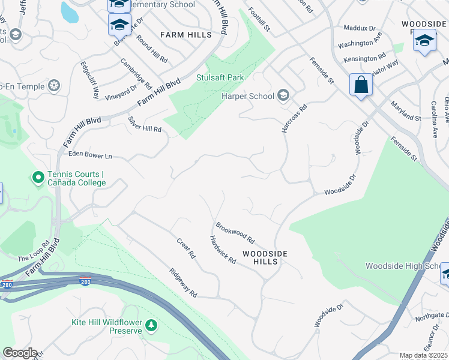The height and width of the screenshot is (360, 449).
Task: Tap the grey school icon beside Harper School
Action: [283, 95]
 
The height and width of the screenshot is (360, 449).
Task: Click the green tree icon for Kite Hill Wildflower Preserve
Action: [152, 325]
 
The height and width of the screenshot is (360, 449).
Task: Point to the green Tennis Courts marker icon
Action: [37, 178]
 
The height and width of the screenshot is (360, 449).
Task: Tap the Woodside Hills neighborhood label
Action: [265, 257]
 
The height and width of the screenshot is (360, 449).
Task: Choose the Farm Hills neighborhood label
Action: [186, 35]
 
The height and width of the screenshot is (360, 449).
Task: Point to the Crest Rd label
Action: [186, 248]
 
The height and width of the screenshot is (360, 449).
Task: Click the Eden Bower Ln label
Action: [91, 155]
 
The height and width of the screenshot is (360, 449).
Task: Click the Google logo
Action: [20, 353]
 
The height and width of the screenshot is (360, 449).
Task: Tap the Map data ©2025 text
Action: [423, 355]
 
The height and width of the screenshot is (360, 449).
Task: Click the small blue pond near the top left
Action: [69, 11]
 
